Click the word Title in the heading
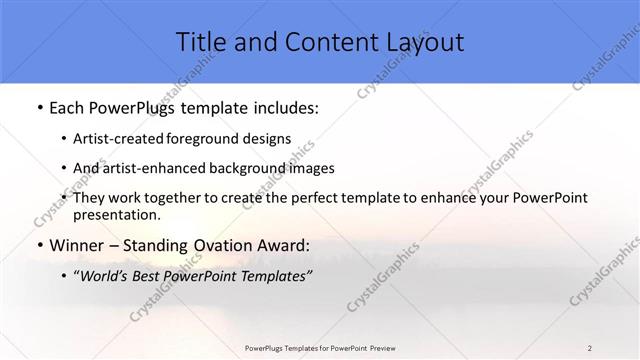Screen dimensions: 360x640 point(201,42)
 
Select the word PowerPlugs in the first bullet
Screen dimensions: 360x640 point(131,107)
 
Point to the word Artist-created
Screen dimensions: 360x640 point(127,139)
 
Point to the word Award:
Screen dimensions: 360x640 point(288,246)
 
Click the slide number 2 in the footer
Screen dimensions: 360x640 point(590,347)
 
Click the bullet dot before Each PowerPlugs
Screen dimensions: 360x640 point(38,108)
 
